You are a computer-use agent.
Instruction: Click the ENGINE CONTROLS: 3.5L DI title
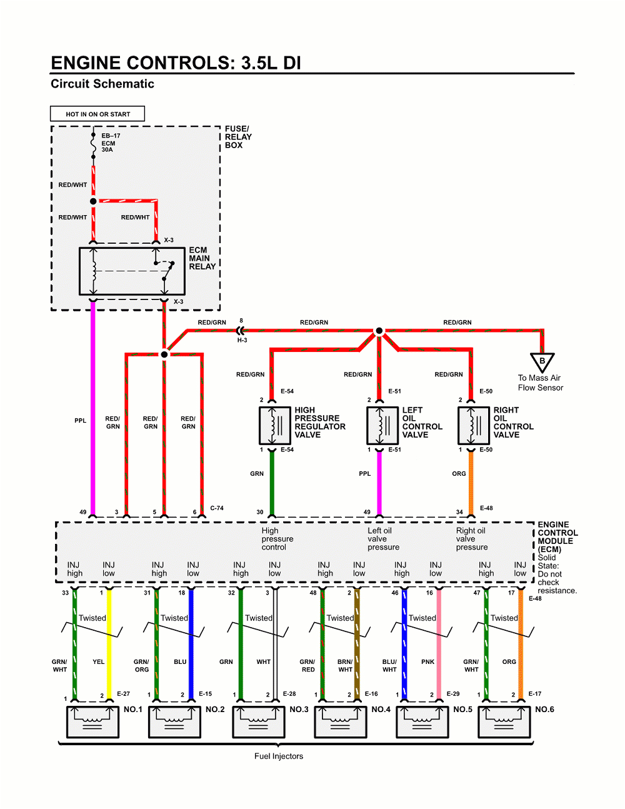[176, 63]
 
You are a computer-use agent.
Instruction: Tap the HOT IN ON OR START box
[97, 114]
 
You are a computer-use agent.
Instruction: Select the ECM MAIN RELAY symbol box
[132, 271]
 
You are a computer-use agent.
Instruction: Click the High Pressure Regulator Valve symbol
[275, 425]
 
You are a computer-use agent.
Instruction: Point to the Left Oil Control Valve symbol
[382, 425]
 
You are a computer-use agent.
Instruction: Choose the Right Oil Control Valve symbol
[474, 425]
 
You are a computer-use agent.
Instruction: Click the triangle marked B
[542, 362]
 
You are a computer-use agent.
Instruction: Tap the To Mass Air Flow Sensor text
[540, 383]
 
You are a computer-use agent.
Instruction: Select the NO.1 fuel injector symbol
[92, 721]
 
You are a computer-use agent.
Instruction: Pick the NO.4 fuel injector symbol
[340, 721]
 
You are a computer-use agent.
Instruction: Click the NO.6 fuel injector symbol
[504, 721]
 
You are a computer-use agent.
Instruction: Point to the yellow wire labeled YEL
[109, 644]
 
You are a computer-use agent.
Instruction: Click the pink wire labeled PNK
[439, 644]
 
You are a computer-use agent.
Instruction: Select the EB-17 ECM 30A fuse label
[110, 143]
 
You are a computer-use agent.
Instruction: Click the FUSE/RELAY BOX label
[238, 137]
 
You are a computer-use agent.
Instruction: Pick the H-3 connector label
[242, 340]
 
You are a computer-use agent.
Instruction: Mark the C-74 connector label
[217, 508]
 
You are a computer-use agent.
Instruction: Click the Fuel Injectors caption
[279, 756]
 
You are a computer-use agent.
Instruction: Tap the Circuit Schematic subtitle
[102, 84]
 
